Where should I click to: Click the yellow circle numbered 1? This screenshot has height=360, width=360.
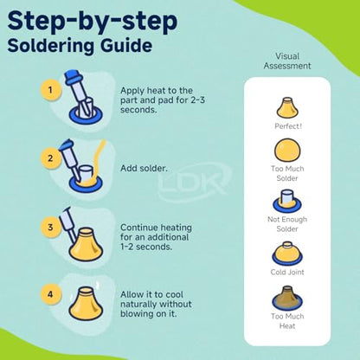[x=51, y=90]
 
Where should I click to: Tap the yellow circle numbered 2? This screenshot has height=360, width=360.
[x=51, y=158]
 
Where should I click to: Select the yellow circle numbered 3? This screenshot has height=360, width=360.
[x=51, y=228]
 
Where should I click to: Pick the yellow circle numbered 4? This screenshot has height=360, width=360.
[x=51, y=294]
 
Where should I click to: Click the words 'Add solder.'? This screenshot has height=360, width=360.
[x=144, y=168]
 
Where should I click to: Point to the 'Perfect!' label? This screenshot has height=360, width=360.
[x=287, y=126]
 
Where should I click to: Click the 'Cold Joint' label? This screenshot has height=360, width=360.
[x=287, y=272]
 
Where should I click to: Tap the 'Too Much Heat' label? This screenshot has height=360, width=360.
[x=287, y=321]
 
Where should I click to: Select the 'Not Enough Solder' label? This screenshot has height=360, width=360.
[x=287, y=224]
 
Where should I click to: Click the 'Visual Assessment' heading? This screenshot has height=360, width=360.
[x=287, y=61]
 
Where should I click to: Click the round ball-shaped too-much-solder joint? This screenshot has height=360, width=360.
[x=287, y=150]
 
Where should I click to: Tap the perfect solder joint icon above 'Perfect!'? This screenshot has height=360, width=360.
[x=287, y=108]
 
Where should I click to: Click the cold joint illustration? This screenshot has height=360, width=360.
[x=287, y=253]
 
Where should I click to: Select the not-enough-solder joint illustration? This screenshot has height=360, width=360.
[x=287, y=201]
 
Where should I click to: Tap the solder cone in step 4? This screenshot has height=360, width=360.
[x=86, y=304]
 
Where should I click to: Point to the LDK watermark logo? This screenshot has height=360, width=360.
[x=194, y=183]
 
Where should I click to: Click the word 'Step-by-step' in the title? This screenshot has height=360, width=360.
[x=93, y=21]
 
